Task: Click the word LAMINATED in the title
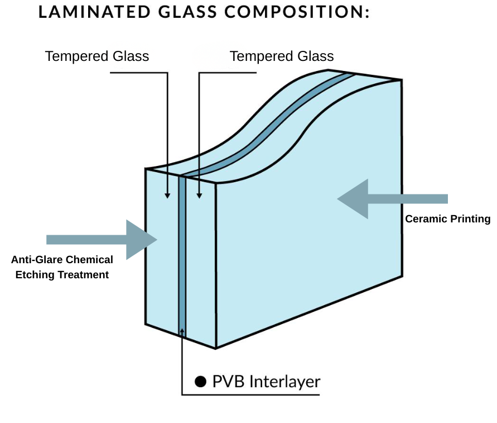(94, 12)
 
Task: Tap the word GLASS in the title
(187, 12)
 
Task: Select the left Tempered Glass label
(97, 56)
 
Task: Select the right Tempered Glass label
(282, 56)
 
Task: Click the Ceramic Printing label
(447, 219)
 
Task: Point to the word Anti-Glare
(36, 259)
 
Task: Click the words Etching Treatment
(62, 275)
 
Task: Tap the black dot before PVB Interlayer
(201, 382)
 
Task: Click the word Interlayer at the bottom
(285, 382)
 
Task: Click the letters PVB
(228, 382)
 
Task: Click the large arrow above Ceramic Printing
(392, 199)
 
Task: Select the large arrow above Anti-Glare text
(102, 240)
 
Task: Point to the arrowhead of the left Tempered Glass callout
(167, 196)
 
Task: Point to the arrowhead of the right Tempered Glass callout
(199, 196)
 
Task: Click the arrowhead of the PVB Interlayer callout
(182, 331)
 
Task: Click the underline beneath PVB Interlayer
(250, 395)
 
